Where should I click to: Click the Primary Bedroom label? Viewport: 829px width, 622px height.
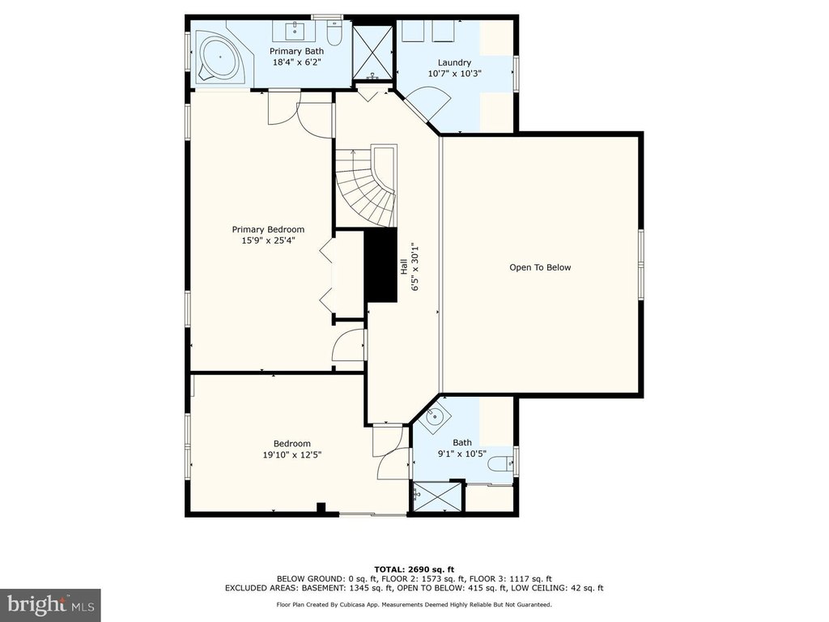pos(268,229)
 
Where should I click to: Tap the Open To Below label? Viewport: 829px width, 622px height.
pos(540,267)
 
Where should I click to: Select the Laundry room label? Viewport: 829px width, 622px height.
pos(454,62)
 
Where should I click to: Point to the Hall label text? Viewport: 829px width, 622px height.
pos(403,266)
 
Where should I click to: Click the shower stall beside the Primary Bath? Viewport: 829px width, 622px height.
pos(372,52)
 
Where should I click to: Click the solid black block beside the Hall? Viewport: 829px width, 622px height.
pos(380,266)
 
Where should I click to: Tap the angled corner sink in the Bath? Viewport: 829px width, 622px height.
pos(434,417)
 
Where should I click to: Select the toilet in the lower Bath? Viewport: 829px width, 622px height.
pos(500,464)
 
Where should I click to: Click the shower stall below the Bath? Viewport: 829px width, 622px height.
pos(437,496)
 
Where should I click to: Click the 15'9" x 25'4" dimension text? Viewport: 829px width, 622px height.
pos(268,241)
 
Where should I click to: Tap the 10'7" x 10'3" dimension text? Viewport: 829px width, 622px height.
pos(455,74)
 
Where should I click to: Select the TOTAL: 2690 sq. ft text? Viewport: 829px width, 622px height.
pos(414,569)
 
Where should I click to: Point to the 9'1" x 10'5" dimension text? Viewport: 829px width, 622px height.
pos(462,454)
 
